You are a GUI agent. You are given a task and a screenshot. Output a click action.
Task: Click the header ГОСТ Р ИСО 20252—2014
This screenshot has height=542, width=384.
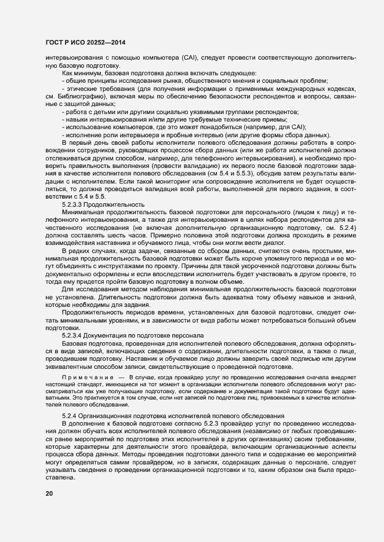86,43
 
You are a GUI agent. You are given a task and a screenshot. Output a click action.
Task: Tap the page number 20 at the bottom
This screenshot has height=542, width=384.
49,493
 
